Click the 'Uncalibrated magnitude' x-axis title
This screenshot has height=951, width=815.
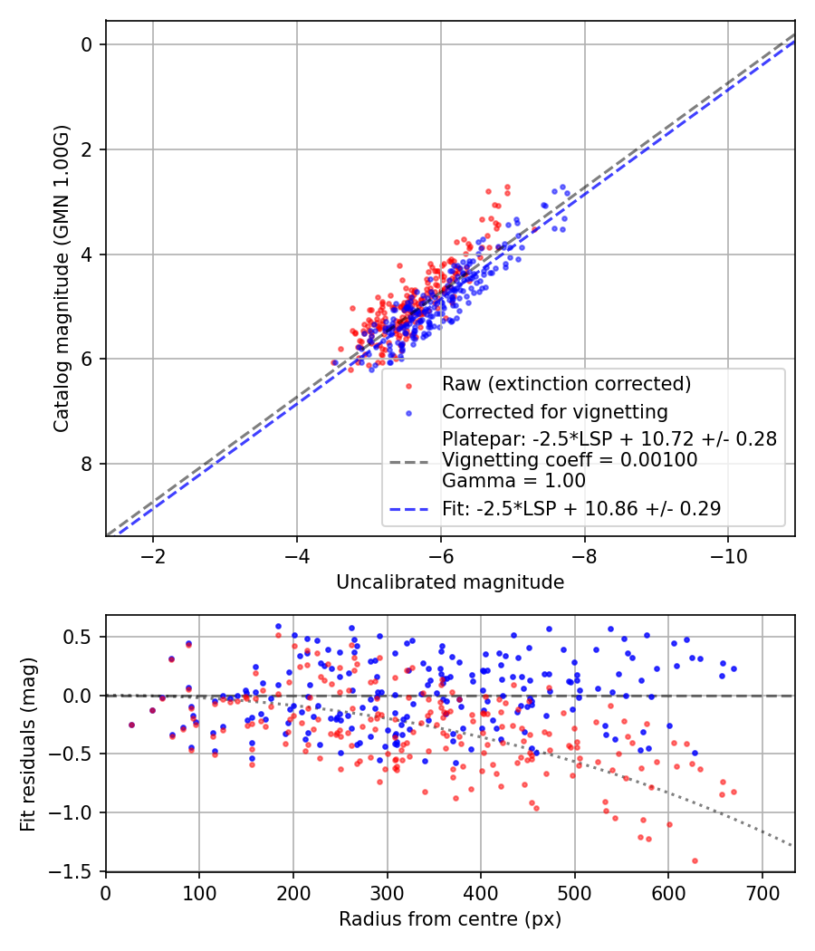450,582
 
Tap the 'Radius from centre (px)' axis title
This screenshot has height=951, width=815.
450,919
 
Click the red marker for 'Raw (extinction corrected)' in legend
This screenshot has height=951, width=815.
408,385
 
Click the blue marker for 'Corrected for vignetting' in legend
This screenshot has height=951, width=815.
408,413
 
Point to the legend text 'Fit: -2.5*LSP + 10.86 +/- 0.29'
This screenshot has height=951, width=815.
581,509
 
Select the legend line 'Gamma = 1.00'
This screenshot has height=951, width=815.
513,481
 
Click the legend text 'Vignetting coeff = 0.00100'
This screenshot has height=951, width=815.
570,460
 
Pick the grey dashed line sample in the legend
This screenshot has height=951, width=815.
408,461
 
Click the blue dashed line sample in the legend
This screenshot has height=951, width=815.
408,510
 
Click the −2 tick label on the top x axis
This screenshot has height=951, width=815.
152,554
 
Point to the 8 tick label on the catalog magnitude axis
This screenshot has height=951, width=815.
88,464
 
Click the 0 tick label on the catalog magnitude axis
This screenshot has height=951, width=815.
88,44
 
